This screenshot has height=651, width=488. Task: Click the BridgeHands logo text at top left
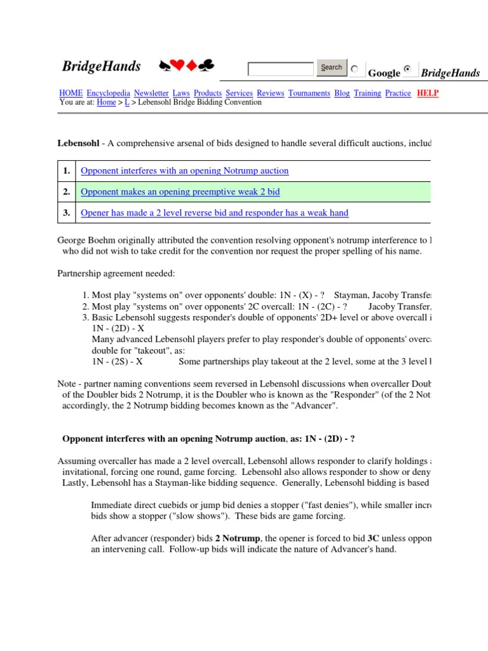(x=101, y=67)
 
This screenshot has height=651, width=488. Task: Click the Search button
(x=331, y=67)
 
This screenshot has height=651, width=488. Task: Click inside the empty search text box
(x=280, y=69)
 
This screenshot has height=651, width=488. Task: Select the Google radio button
(x=355, y=69)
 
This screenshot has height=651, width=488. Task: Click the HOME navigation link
(x=71, y=93)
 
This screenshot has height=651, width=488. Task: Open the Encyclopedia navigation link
(x=109, y=93)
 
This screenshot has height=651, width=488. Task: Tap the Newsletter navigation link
(x=151, y=93)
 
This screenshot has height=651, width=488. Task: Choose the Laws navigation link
(x=181, y=93)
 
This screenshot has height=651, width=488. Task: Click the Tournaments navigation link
(x=309, y=93)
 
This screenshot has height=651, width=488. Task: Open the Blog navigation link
(x=342, y=93)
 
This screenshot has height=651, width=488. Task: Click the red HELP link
(x=428, y=93)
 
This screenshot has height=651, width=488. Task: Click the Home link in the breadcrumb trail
(x=106, y=102)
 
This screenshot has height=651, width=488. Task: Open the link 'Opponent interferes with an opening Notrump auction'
(x=184, y=170)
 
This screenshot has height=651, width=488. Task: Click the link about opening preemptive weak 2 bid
(x=180, y=191)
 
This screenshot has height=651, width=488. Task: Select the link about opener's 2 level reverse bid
(x=215, y=212)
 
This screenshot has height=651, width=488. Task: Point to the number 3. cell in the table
(x=66, y=212)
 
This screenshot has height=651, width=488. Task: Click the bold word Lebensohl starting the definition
(x=78, y=144)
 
